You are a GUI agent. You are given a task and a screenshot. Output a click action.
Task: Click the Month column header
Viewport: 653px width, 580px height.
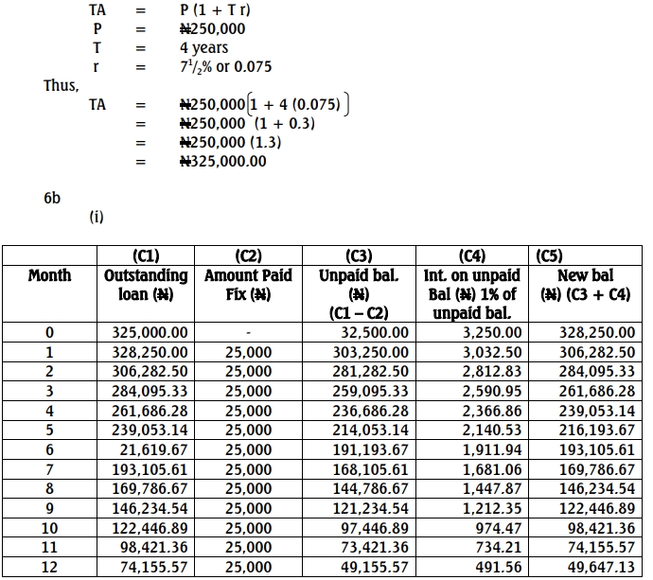coord(49,275)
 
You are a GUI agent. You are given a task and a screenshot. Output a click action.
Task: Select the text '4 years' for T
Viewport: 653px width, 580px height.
coord(203,47)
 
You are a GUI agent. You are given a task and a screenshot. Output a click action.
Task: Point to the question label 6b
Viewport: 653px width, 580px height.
coord(52,197)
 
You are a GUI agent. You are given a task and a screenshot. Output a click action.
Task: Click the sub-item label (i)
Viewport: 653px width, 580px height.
coord(96,217)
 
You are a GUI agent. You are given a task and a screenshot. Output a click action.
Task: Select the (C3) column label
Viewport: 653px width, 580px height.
coord(364,256)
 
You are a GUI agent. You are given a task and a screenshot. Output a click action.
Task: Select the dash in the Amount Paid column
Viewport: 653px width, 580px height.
coord(247,333)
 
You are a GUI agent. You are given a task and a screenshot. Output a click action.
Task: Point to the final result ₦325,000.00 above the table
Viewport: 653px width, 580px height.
coord(223,162)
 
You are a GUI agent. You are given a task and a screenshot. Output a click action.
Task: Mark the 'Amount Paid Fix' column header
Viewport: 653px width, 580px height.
coord(248,284)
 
